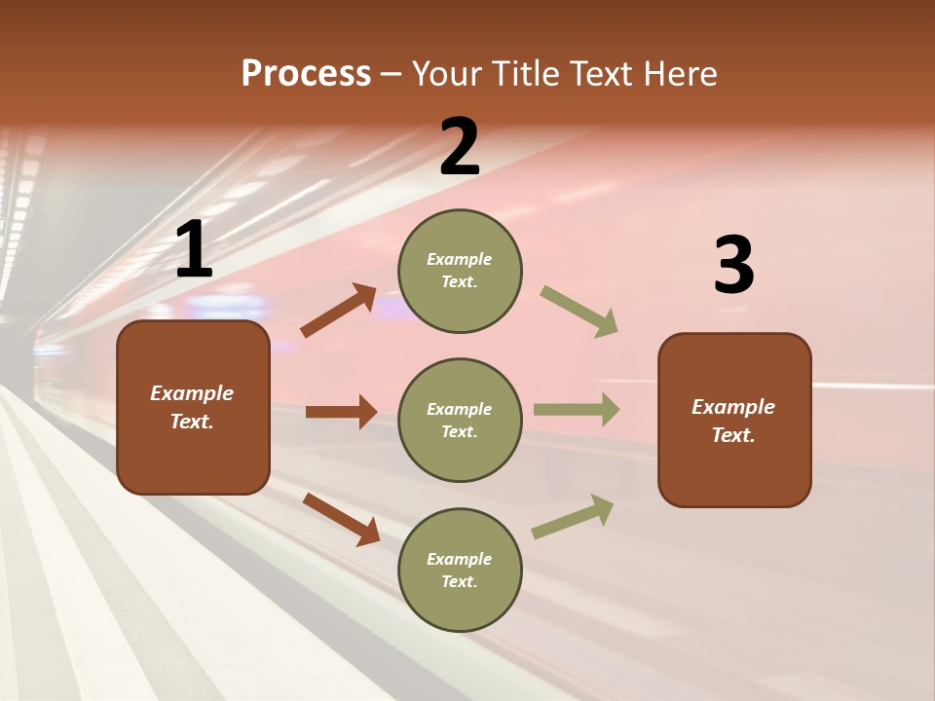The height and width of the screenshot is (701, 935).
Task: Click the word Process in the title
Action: (x=306, y=74)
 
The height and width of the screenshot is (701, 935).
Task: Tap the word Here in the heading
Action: (x=679, y=74)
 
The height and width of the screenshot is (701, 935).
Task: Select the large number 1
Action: (x=194, y=251)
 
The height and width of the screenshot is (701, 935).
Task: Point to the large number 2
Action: (x=460, y=147)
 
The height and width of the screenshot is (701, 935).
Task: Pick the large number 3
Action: (x=733, y=266)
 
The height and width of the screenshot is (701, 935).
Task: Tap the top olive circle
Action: (x=460, y=271)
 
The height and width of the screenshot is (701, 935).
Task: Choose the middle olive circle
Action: (x=460, y=420)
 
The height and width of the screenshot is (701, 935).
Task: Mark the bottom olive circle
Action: (x=460, y=570)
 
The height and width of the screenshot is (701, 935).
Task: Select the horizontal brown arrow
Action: (x=341, y=412)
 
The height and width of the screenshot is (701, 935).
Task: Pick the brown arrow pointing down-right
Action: (x=341, y=518)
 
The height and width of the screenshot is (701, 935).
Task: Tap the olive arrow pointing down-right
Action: (x=580, y=312)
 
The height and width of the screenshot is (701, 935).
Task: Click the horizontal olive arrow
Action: (x=576, y=410)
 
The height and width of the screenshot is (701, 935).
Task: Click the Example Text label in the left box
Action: (x=192, y=407)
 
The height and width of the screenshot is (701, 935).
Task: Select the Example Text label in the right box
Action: (x=733, y=421)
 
